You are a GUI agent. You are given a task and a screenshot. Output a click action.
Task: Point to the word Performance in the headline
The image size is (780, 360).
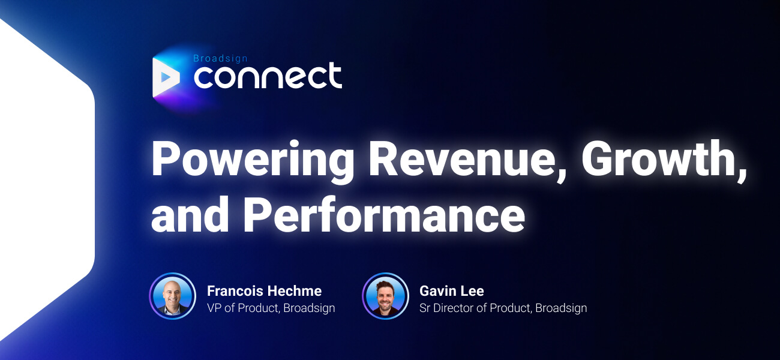click(384, 214)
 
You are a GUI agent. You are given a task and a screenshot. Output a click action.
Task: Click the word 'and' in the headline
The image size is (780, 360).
click(190, 214)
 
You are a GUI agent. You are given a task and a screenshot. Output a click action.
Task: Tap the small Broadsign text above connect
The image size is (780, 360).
click(220, 58)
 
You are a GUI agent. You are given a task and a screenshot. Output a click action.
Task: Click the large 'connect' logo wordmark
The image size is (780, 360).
click(268, 76)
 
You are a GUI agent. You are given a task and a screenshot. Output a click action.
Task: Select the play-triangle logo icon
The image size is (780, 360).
click(166, 77)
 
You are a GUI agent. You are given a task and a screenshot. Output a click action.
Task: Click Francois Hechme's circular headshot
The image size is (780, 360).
click(173, 296)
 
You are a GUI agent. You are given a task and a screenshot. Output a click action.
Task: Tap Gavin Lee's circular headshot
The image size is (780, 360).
click(385, 296)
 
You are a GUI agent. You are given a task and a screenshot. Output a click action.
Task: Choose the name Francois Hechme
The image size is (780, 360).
click(264, 291)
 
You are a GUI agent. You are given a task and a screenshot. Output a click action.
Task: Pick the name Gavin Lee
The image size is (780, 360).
click(452, 291)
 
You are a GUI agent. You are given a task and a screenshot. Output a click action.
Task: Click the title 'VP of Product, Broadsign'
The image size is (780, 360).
click(271, 308)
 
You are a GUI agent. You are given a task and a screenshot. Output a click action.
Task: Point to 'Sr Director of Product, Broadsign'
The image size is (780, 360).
click(503, 308)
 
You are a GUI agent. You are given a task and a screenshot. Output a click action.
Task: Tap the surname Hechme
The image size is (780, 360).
click(295, 291)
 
